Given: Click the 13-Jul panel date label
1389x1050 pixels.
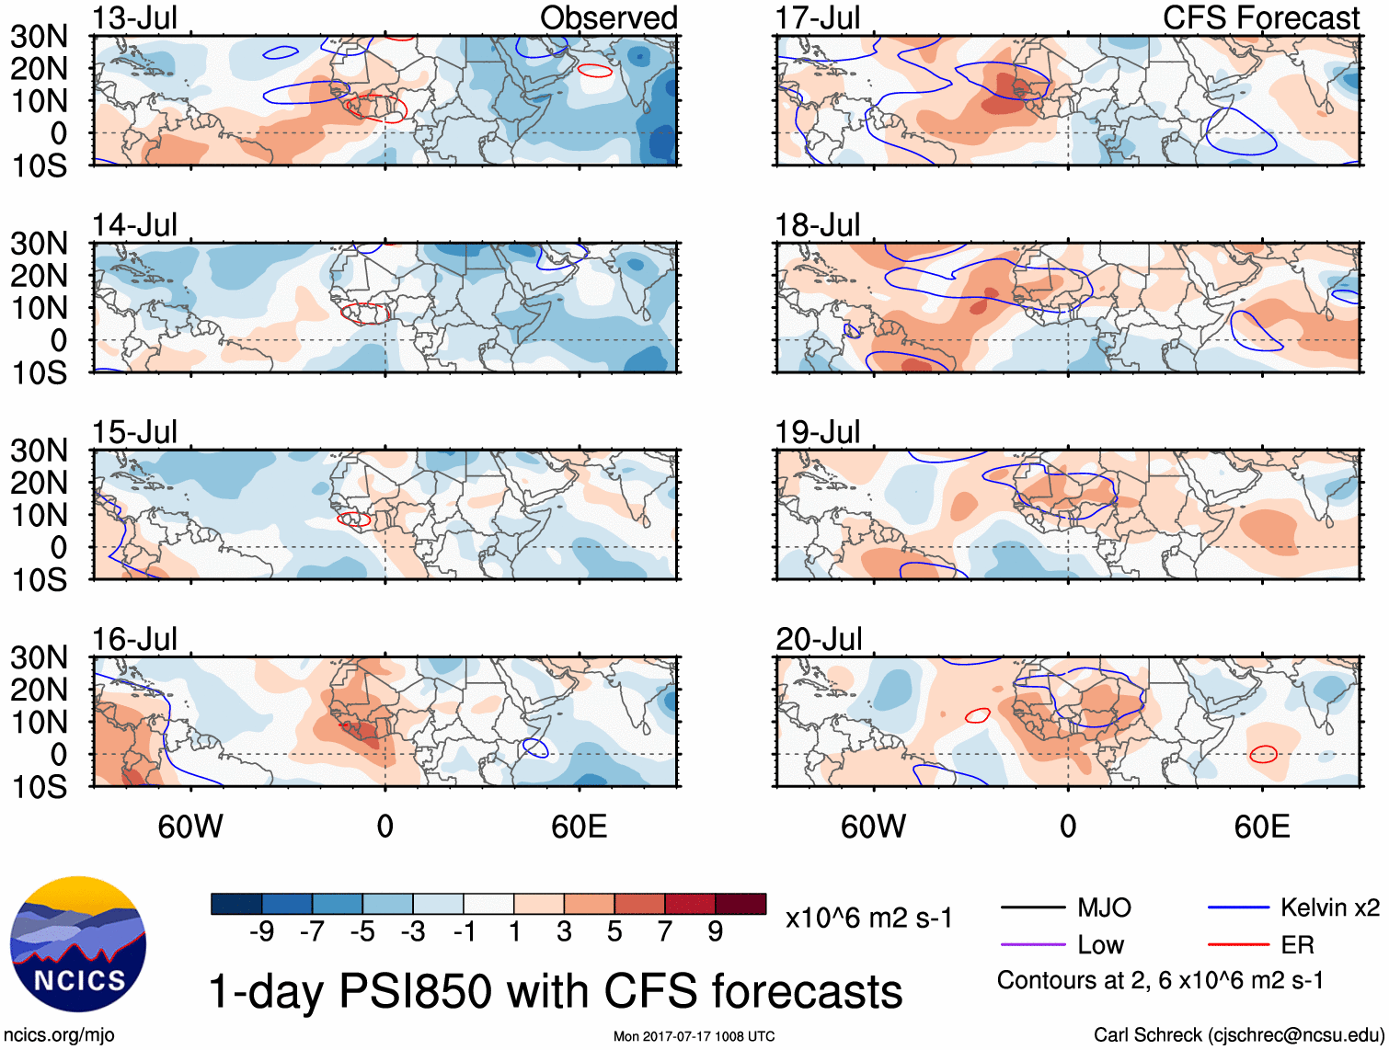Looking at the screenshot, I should pos(134,18).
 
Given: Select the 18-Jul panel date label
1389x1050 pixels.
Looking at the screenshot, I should pos(818,225).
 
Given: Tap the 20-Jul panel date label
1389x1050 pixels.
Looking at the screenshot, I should pos(818,639).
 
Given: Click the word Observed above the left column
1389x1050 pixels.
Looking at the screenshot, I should pos(608,18).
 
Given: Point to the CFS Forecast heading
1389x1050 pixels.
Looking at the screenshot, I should pos(1260,18).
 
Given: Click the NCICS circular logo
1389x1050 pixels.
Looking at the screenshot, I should pos(78,944).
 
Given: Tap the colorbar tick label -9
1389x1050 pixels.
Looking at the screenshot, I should pos(261,932).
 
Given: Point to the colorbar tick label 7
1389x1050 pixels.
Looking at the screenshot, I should pos(665,932).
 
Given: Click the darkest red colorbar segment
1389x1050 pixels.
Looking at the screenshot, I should pos(740,904).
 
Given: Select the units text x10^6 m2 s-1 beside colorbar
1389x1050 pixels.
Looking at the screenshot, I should pos(868,919).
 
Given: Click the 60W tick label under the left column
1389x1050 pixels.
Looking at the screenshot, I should pos(190,827).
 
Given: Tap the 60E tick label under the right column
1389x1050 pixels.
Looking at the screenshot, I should pos(1261,827).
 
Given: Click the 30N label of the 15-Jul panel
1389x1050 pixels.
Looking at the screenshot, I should pos(39,451).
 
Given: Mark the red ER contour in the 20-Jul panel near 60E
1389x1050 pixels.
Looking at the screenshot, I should pos(1263,755).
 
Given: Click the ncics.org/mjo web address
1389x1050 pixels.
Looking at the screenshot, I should pos(59,1035).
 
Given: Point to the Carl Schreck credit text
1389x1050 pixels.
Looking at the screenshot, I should pos(1238,1035).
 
